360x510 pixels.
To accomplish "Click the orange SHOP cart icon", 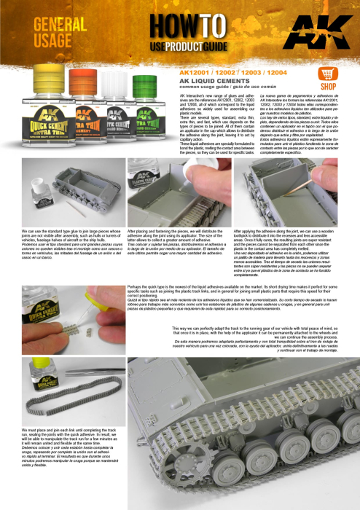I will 327,75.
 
